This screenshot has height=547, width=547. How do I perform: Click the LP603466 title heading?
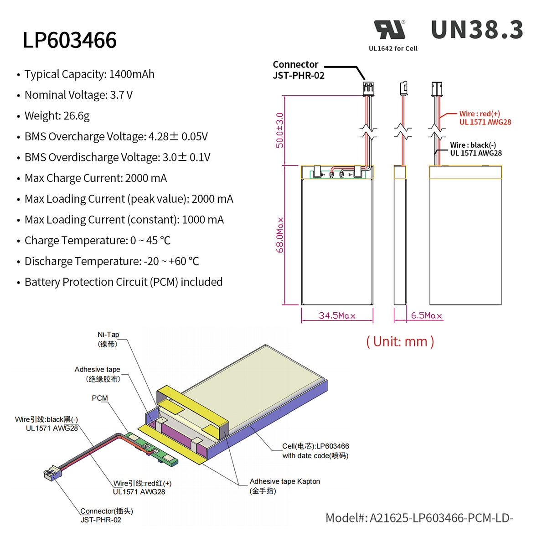[70, 40]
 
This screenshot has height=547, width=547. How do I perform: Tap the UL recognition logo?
[390, 30]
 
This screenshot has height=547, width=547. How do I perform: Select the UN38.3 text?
[477, 30]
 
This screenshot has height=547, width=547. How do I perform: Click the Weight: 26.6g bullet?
[57, 116]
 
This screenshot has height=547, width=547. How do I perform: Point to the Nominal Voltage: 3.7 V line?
[78, 95]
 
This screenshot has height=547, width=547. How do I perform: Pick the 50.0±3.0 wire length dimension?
[279, 130]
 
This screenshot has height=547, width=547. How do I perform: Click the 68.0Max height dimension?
[280, 235]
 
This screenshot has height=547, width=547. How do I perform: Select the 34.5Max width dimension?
[337, 315]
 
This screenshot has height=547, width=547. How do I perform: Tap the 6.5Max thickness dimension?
[426, 315]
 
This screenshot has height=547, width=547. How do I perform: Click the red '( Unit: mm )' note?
[400, 341]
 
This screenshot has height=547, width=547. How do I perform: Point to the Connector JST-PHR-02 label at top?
[298, 70]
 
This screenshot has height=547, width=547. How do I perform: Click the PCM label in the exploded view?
[100, 398]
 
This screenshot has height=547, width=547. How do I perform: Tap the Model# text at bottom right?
[419, 518]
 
